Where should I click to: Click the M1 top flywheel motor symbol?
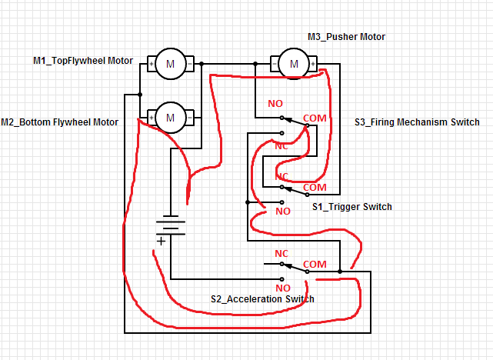pyautogui.click(x=170, y=65)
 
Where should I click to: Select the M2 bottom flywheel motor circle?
pyautogui.click(x=170, y=118)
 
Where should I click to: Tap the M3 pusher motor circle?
pyautogui.click(x=293, y=64)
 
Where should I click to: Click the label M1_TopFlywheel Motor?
pyautogui.click(x=83, y=61)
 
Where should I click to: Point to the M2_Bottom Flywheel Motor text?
pyautogui.click(x=60, y=122)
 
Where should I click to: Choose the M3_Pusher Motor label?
pyautogui.click(x=346, y=37)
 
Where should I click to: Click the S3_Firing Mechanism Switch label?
pyautogui.click(x=417, y=122)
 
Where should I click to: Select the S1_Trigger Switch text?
pyautogui.click(x=351, y=206)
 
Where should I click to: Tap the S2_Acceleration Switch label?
pyautogui.click(x=262, y=298)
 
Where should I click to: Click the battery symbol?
pyautogui.click(x=171, y=225)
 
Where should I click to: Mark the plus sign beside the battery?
pyautogui.click(x=161, y=242)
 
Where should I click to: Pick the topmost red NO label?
pyautogui.click(x=275, y=103)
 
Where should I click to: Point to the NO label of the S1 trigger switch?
pyautogui.click(x=283, y=211)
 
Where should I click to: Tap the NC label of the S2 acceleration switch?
pyautogui.click(x=281, y=253)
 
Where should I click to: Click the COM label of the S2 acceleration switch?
pyautogui.click(x=315, y=264)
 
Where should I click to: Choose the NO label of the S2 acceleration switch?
pyautogui.click(x=283, y=288)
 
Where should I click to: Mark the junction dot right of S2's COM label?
pyautogui.click(x=339, y=272)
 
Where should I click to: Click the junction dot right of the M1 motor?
pyautogui.click(x=202, y=65)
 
